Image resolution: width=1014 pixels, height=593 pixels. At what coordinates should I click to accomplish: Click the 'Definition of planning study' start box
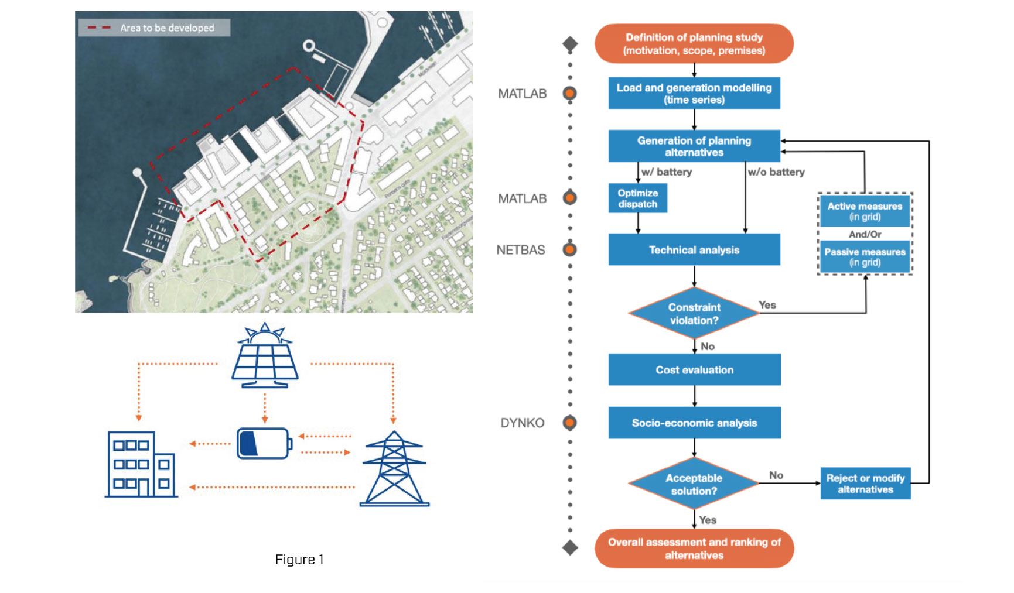click(x=694, y=44)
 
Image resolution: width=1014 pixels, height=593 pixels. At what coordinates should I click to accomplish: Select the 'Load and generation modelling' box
click(x=694, y=93)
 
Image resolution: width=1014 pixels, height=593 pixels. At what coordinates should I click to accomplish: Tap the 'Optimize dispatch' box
click(x=637, y=198)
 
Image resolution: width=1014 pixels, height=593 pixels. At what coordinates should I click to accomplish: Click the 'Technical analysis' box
click(x=694, y=250)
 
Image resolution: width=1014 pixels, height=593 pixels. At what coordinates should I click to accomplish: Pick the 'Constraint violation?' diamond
click(x=694, y=314)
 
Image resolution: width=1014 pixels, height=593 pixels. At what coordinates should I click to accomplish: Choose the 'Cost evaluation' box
click(x=694, y=370)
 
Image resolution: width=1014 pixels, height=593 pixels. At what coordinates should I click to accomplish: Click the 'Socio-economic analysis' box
click(x=694, y=423)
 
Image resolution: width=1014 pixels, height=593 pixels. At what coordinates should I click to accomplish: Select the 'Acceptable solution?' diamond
click(x=694, y=484)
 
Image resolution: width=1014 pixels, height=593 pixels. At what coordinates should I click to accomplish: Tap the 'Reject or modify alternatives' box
click(x=865, y=484)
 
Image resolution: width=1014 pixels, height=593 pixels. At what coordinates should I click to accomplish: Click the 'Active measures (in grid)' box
click(x=865, y=211)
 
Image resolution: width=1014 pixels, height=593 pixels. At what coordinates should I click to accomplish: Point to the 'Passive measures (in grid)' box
click(x=865, y=257)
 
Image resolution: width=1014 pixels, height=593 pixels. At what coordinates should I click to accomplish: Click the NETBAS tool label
click(x=520, y=250)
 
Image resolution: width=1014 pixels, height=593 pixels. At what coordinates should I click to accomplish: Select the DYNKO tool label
click(x=522, y=423)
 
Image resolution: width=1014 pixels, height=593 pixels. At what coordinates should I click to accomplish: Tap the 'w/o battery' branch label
click(x=776, y=172)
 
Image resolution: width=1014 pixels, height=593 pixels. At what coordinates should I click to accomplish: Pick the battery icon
click(x=264, y=443)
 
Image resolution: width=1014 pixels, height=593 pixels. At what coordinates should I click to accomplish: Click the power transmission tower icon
click(x=394, y=469)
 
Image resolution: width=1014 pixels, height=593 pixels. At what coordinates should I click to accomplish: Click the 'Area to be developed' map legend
click(x=154, y=28)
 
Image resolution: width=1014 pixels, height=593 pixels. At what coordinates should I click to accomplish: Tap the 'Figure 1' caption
click(x=299, y=560)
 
